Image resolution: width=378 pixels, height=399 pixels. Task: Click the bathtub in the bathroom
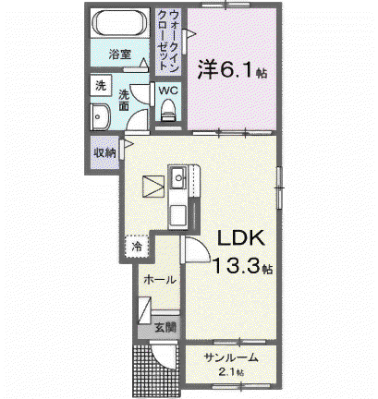click(120, 23)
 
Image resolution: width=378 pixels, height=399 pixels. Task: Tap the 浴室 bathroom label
click(120, 54)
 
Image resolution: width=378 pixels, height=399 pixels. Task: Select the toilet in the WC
click(168, 110)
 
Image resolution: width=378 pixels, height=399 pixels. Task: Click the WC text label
click(168, 91)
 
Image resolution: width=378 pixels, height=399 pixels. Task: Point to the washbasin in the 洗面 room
click(100, 117)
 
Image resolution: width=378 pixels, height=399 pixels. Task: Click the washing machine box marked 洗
click(101, 86)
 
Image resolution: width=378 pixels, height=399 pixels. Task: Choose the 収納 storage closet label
click(104, 152)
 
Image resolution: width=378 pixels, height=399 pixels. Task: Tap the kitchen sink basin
click(178, 178)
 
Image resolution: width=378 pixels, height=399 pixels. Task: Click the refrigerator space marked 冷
click(137, 246)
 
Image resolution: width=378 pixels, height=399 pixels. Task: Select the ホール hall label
click(160, 280)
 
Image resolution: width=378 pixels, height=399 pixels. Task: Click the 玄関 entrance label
click(165, 328)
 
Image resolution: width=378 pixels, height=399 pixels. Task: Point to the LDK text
click(241, 238)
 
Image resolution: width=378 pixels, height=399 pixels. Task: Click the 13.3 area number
click(238, 265)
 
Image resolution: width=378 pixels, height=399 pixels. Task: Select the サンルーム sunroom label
click(231, 357)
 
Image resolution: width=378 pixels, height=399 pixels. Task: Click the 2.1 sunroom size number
click(227, 372)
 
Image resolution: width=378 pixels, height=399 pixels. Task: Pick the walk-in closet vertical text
click(168, 42)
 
